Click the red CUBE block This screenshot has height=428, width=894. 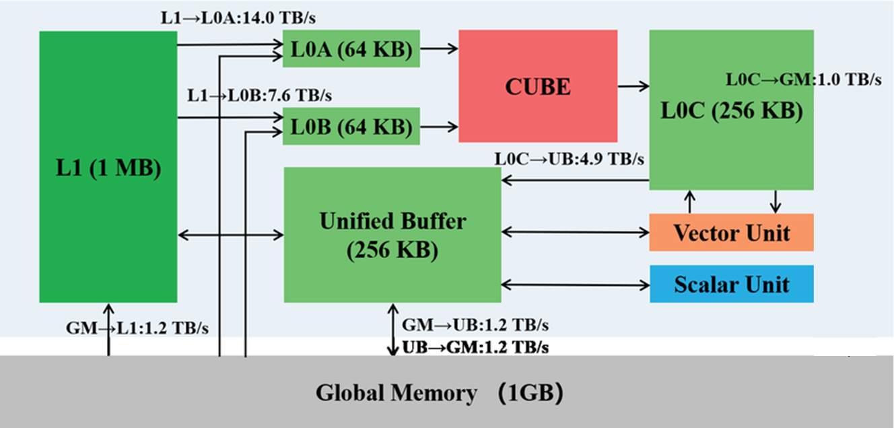click(538, 86)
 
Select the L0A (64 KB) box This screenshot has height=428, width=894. click(351, 49)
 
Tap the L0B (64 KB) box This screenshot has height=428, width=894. click(351, 126)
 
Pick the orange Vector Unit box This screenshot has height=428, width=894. click(731, 233)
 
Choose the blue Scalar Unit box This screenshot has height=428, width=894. click(731, 284)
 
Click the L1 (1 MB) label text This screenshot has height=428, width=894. click(108, 168)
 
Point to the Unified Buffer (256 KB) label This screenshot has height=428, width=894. click(392, 235)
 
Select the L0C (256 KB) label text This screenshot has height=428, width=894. click(731, 111)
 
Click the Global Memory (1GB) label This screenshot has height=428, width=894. click(439, 392)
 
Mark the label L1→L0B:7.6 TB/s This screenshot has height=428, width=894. click(259, 95)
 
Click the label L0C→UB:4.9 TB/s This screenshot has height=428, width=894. click(570, 159)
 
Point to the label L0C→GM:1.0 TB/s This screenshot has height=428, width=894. click(803, 79)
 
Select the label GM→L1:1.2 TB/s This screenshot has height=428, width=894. click(137, 328)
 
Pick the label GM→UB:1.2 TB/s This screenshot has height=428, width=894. click(475, 325)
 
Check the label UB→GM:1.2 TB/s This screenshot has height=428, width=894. click(475, 348)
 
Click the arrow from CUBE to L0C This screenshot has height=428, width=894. click(633, 86)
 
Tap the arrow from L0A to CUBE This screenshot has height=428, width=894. click(439, 49)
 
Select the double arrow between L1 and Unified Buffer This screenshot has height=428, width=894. click(230, 235)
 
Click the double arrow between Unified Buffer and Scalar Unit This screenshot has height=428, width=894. click(575, 284)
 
